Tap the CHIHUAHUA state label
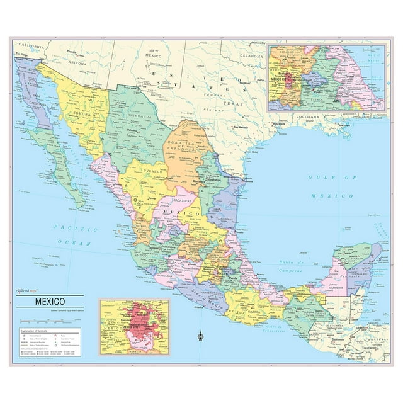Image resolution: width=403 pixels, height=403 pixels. pos(141,116)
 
